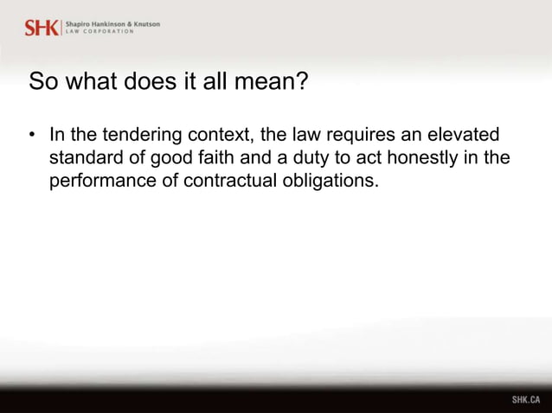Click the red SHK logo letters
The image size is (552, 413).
tap(41, 27)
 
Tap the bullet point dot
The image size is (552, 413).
tap(32, 136)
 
